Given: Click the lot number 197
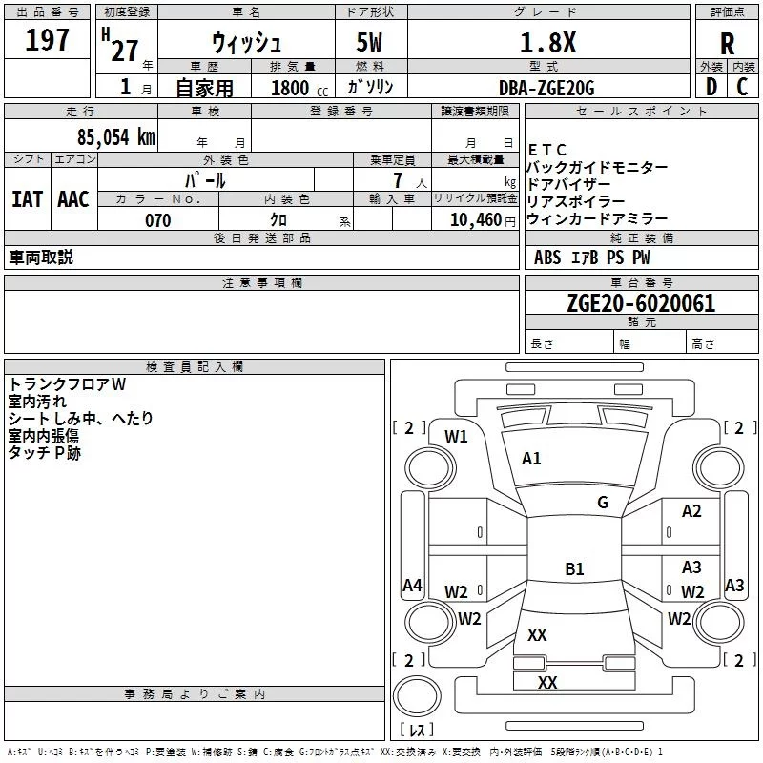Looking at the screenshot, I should (x=49, y=40).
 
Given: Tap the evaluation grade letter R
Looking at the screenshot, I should (x=727, y=44).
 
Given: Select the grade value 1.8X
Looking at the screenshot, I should (x=546, y=43).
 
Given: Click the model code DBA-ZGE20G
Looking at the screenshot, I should (x=546, y=88).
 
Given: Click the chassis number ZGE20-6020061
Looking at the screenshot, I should (x=640, y=303).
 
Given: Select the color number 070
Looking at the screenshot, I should (x=158, y=220).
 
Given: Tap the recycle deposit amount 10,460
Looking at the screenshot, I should (x=473, y=220).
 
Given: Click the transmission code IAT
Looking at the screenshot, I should (x=27, y=198).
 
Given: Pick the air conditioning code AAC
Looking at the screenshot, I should (x=73, y=198).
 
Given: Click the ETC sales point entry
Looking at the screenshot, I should (x=547, y=150).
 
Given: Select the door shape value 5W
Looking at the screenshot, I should (x=370, y=44).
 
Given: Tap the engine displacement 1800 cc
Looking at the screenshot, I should (x=295, y=89).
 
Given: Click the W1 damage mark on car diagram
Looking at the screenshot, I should (x=457, y=437).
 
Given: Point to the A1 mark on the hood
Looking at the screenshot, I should (x=531, y=459).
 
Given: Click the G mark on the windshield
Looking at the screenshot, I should (x=602, y=502).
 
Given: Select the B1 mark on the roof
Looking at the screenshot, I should (x=574, y=569).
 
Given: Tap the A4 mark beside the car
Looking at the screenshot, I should (x=412, y=586).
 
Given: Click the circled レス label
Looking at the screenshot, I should (x=416, y=730).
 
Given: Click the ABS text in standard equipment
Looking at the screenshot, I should (x=547, y=258).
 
